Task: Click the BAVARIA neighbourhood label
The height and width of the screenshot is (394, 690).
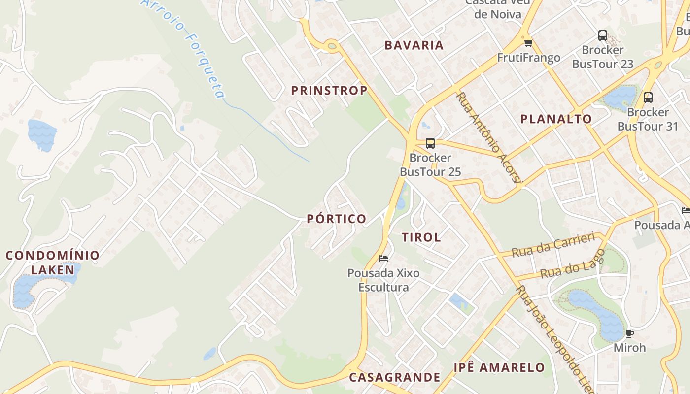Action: pyautogui.click(x=414, y=45)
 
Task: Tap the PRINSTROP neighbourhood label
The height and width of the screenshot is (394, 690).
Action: pyautogui.click(x=329, y=91)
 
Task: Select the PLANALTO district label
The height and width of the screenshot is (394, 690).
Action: pyautogui.click(x=556, y=119)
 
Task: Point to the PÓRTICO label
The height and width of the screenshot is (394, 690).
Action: pyautogui.click(x=337, y=219)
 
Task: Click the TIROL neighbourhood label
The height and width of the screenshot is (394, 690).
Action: pyautogui.click(x=421, y=237)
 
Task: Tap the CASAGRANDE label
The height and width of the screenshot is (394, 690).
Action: pyautogui.click(x=394, y=378)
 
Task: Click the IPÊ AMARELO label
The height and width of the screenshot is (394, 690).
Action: pyautogui.click(x=499, y=368)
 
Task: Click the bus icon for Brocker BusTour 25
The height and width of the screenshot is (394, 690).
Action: pyautogui.click(x=430, y=143)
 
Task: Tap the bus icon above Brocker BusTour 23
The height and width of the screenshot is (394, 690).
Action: pyautogui.click(x=603, y=35)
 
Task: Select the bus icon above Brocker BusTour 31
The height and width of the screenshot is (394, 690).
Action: pyautogui.click(x=648, y=98)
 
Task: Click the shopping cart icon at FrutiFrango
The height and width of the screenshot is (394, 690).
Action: pyautogui.click(x=528, y=43)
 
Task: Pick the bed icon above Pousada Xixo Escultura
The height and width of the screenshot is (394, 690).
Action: pyautogui.click(x=383, y=259)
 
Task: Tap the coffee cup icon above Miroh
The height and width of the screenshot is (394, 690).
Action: pyautogui.click(x=629, y=333)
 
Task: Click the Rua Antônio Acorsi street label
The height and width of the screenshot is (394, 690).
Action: pyautogui.click(x=488, y=137)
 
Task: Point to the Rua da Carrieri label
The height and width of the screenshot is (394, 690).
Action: pyautogui.click(x=553, y=246)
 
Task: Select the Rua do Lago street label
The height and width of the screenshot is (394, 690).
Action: pyautogui.click(x=573, y=264)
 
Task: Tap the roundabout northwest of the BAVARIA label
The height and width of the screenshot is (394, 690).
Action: pyautogui.click(x=332, y=46)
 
